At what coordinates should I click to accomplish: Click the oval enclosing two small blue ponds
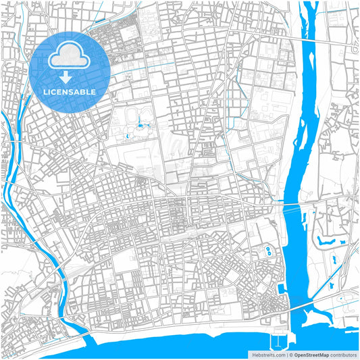tap(269, 252)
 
